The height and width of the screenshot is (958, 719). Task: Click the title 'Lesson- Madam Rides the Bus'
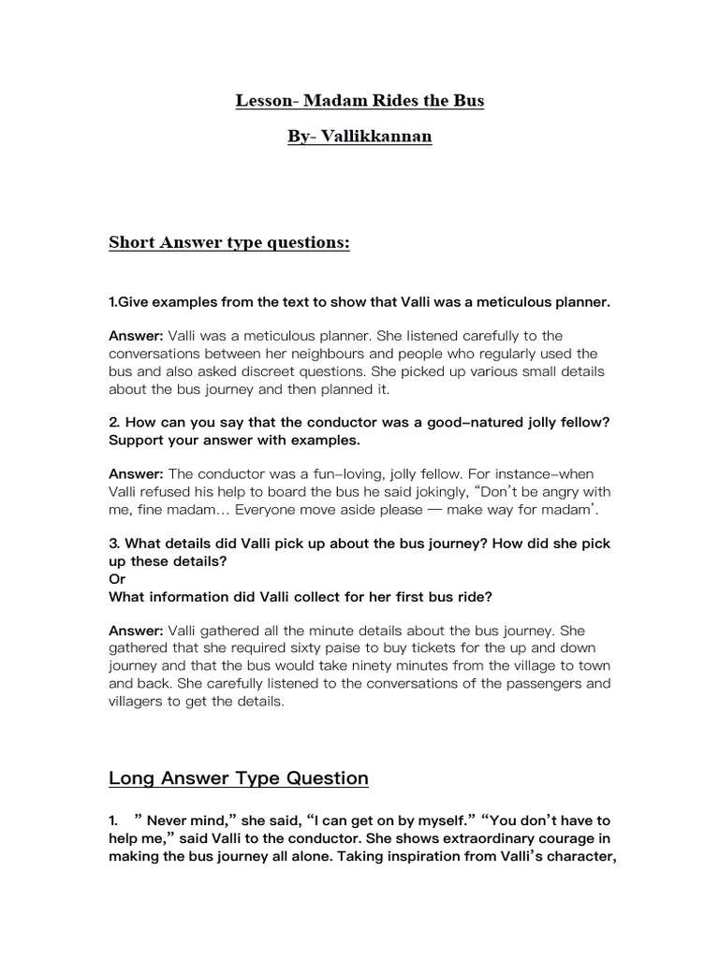(x=359, y=100)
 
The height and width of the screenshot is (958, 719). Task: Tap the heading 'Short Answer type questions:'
(x=229, y=243)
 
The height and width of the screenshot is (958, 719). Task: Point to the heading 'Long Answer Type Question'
(x=239, y=777)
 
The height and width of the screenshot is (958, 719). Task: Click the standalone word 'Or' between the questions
(x=118, y=578)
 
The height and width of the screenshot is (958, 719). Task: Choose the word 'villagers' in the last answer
(x=141, y=701)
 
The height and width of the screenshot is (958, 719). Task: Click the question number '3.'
(x=115, y=544)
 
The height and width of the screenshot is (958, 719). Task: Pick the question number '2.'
(x=115, y=422)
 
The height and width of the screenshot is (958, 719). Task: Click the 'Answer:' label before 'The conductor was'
(x=136, y=474)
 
